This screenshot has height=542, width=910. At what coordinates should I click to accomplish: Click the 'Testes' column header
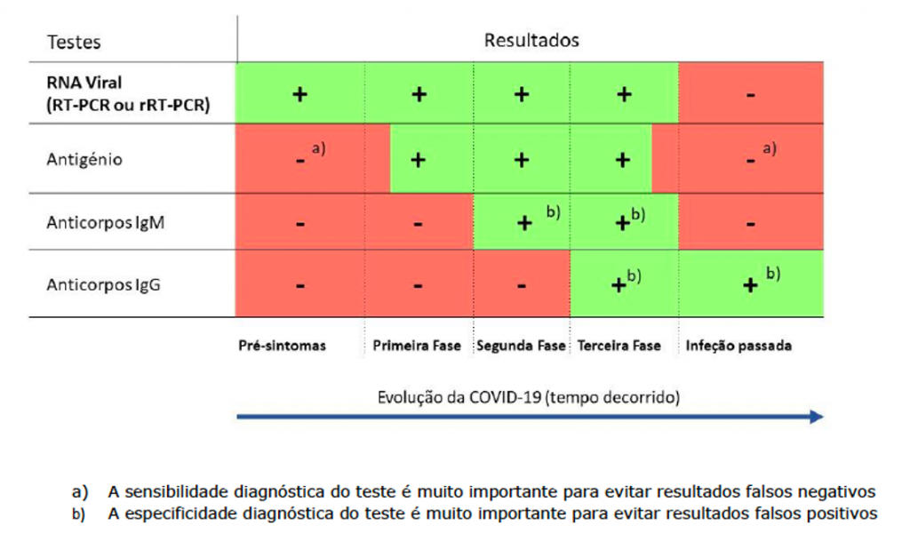[x=74, y=42]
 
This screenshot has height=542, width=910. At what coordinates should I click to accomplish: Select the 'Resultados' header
[x=531, y=40]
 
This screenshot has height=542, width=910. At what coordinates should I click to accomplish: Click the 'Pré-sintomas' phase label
[x=282, y=346]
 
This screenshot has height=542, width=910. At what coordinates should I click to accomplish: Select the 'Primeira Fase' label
[x=417, y=346]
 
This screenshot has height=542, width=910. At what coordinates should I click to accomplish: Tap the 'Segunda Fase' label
[x=521, y=346]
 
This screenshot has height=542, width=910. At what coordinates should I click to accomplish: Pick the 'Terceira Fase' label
[x=619, y=346]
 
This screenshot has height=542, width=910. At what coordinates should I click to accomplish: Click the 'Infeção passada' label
[x=738, y=346]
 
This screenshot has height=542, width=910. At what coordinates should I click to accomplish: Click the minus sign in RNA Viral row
[x=751, y=94]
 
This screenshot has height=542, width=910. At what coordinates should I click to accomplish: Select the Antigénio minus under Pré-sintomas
[x=300, y=161]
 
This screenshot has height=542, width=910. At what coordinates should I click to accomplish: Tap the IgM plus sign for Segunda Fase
[x=524, y=224]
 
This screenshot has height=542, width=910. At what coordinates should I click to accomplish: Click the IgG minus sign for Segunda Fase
[x=521, y=286]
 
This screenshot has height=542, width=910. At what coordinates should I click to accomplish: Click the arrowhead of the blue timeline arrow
[x=816, y=417]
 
